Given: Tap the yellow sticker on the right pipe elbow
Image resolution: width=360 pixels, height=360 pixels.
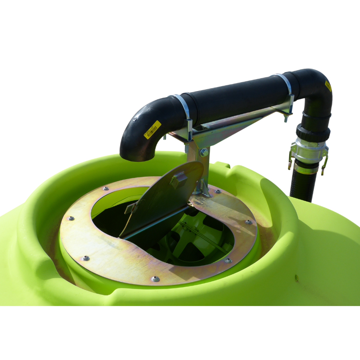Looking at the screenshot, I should (x=328, y=86).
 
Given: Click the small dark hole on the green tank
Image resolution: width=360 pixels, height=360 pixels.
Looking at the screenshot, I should (x=297, y=276).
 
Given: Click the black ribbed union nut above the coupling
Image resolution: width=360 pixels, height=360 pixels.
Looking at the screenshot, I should (x=313, y=132).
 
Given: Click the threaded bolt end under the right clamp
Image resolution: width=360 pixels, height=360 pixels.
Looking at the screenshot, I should (x=285, y=118).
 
